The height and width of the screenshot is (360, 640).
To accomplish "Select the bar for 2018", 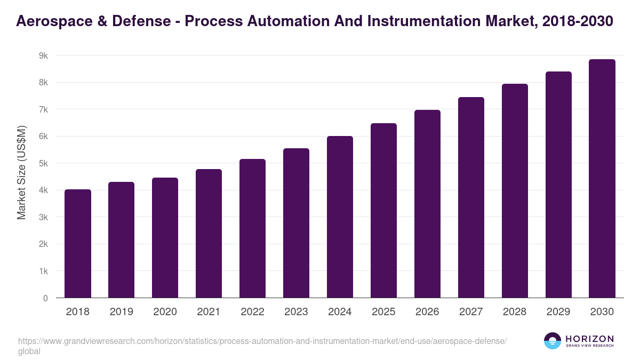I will tap(78, 244).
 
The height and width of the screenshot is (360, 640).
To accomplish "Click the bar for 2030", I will tap(602, 179).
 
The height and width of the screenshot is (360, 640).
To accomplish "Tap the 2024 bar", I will tap(340, 217).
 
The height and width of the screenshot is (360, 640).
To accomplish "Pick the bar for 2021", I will tap(209, 234).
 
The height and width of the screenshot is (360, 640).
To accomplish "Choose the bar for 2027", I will tap(471, 197).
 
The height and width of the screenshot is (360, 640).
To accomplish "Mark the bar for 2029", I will tap(558, 185).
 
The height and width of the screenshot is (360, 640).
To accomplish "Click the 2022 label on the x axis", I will tap(252, 312).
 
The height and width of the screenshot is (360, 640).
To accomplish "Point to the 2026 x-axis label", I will tap(427, 312).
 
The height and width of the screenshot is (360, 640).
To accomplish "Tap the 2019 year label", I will tap(121, 312).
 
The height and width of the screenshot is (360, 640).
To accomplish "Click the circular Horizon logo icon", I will tap(553, 341).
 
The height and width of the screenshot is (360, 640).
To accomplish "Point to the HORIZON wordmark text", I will tap(589, 339).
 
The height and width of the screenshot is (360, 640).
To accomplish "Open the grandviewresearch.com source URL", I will tap(261, 341).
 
